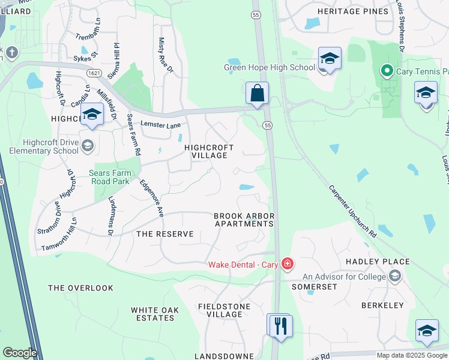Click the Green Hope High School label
pyautogui.click(x=270, y=67)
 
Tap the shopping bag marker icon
pyautogui.click(x=257, y=94)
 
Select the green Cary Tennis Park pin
pyautogui.click(x=387, y=72)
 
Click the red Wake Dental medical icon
pyautogui.click(x=287, y=265)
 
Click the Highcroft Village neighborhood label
pyautogui.click(x=205, y=151)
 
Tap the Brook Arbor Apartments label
pyautogui.click(x=244, y=220)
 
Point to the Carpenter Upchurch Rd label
pyautogui.click(x=352, y=210)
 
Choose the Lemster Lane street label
pyautogui.click(x=160, y=124)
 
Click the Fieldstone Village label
pyautogui.click(x=220, y=310)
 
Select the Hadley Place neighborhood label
pyautogui.click(x=378, y=262)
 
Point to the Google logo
pyautogui.click(x=19, y=353)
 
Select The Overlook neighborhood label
pyautogui.click(x=80, y=288)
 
